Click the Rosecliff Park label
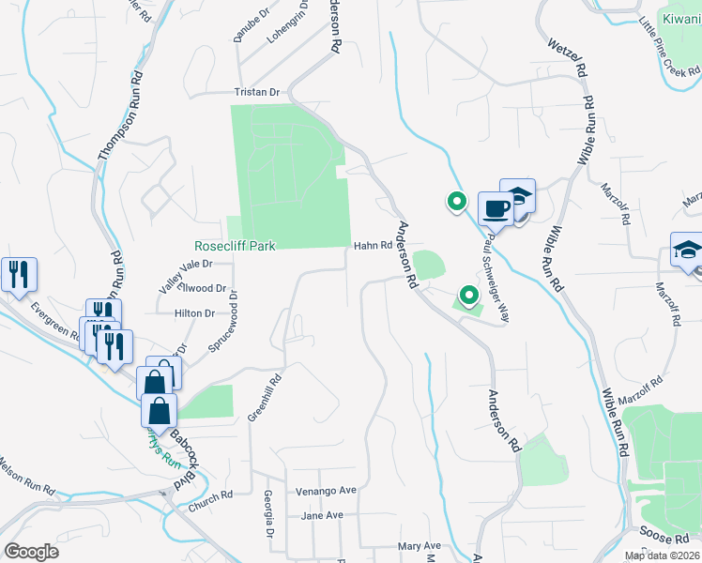[x=235, y=246]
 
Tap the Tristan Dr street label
[x=257, y=93]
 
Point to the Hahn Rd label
[x=372, y=246]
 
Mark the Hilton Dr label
[x=195, y=313]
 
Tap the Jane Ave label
[x=322, y=516]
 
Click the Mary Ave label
[x=419, y=546]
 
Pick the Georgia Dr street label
[x=268, y=513]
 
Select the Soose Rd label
[x=667, y=538]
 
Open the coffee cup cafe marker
[x=495, y=209]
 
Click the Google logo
[x=31, y=552]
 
